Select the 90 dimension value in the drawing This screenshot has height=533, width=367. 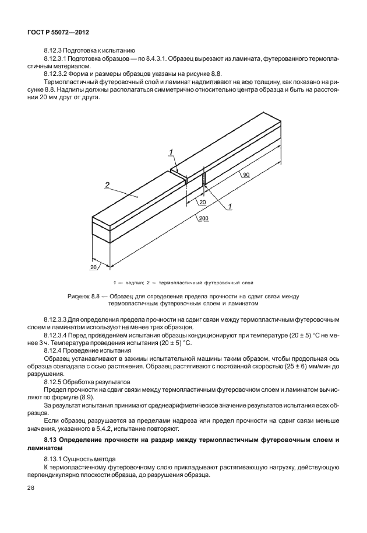pos(246,175)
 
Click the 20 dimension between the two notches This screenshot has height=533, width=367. pos(203,202)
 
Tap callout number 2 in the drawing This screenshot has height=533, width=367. pos(107,185)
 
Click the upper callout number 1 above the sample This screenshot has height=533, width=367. pos(171,152)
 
